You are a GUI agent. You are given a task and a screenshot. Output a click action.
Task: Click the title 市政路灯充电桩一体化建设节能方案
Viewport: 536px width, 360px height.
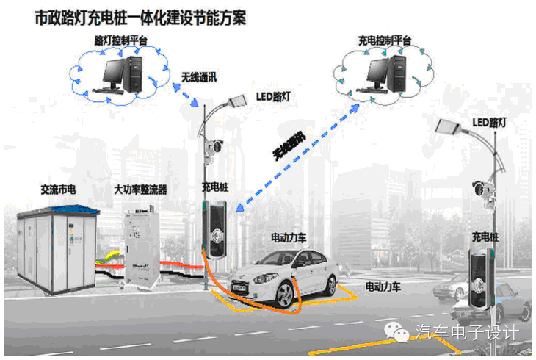coord(140,18)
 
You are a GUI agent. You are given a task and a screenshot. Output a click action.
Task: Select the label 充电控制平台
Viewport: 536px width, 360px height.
coord(384,41)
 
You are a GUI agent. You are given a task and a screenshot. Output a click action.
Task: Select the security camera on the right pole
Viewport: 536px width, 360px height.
coord(482,189)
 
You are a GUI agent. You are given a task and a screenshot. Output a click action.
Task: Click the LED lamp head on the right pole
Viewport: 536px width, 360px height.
coord(448,126)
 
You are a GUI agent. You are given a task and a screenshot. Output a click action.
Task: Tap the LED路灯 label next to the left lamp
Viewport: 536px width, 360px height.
coord(273,96)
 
